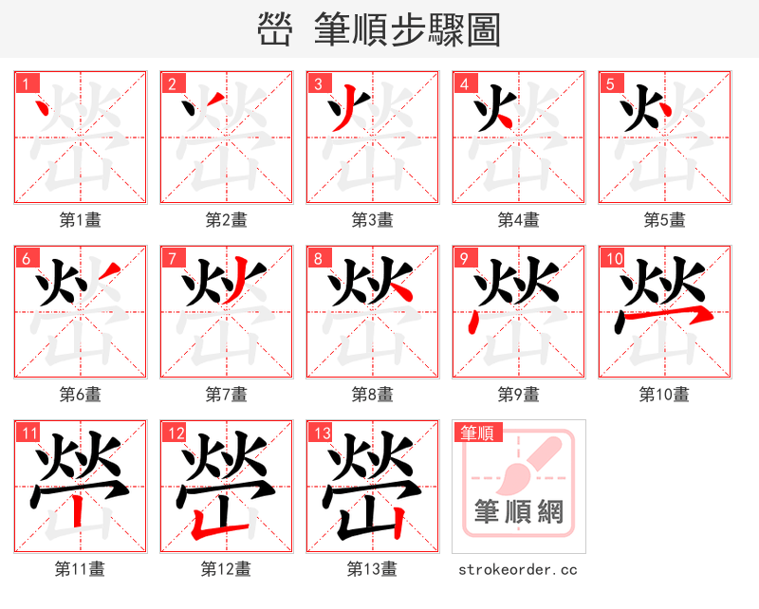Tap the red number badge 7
(172, 258)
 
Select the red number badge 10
(613, 258)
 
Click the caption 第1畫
(81, 220)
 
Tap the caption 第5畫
(664, 220)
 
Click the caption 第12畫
(226, 569)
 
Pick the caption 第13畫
(372, 569)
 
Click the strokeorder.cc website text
(518, 569)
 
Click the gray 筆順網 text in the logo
(519, 512)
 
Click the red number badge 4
(464, 83)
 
